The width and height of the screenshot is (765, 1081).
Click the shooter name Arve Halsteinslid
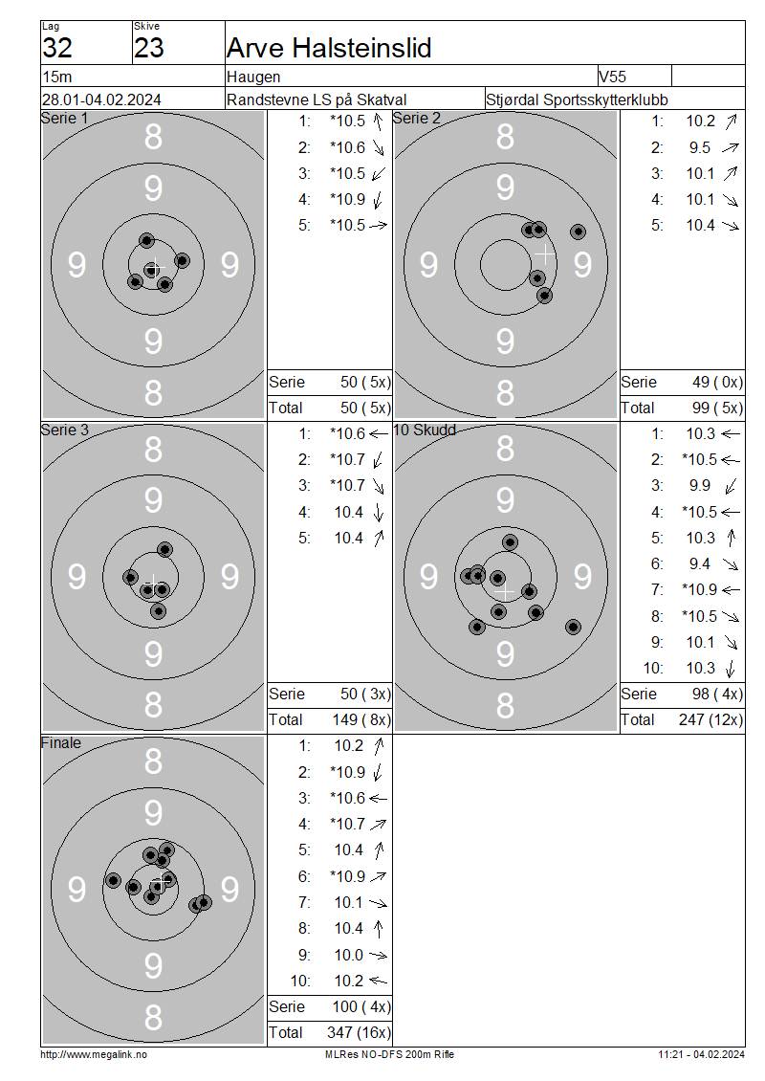click(x=329, y=48)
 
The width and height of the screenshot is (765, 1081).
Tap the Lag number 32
click(x=57, y=48)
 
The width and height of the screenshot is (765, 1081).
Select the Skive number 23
click(x=149, y=48)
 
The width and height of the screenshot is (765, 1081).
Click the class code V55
click(x=612, y=77)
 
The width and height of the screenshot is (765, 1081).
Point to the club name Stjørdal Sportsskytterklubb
click(x=577, y=99)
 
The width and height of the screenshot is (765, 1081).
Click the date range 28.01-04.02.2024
click(x=101, y=99)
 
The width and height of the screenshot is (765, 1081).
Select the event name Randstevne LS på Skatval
click(x=317, y=99)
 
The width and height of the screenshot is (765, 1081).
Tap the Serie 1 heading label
click(x=64, y=119)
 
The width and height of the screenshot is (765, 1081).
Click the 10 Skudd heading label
click(x=425, y=430)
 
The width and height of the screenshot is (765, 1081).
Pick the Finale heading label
click(x=60, y=743)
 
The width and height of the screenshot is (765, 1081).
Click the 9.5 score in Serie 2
click(x=700, y=147)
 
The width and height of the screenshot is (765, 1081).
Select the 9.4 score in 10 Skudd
click(x=700, y=564)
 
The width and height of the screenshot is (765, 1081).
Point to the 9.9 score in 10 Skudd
click(x=700, y=485)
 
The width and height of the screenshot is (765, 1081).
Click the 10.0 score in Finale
click(x=349, y=955)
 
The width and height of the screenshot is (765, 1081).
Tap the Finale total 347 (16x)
click(x=359, y=1033)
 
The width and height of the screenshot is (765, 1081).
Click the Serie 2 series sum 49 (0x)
click(x=717, y=383)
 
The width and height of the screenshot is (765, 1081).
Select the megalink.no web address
click(x=94, y=1054)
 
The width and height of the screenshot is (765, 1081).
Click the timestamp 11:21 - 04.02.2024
click(x=701, y=1054)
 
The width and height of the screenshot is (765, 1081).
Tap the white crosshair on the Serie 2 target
click(x=544, y=254)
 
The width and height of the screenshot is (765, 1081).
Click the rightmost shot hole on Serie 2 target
click(x=579, y=232)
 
